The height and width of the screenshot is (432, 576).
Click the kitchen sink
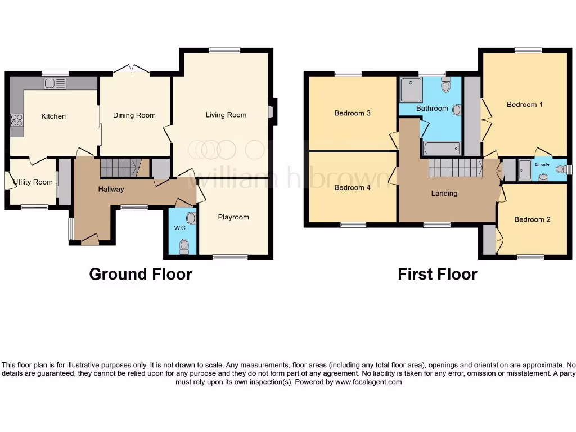click(x=55, y=84)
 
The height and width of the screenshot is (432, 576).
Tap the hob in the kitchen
click(x=16, y=120)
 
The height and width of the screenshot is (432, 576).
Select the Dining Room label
click(x=134, y=115)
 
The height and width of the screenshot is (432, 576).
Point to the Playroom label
click(x=233, y=217)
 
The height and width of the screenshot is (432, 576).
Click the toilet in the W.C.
click(x=184, y=246)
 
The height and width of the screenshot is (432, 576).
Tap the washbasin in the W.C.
click(x=191, y=218)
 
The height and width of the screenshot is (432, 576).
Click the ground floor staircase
click(x=119, y=167)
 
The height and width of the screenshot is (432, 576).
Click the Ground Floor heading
click(x=141, y=274)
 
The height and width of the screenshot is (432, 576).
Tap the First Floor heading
click(x=437, y=274)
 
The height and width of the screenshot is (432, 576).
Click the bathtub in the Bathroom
click(x=442, y=148)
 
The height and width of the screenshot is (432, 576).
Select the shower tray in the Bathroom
click(x=411, y=89)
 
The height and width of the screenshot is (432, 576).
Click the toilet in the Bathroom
click(x=446, y=85)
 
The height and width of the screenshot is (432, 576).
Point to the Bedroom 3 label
click(x=352, y=113)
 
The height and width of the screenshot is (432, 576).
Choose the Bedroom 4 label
click(x=352, y=187)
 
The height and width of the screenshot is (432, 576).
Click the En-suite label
click(x=542, y=165)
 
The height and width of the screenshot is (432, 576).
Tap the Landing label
click(x=444, y=193)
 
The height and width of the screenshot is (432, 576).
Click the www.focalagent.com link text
click(x=368, y=382)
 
